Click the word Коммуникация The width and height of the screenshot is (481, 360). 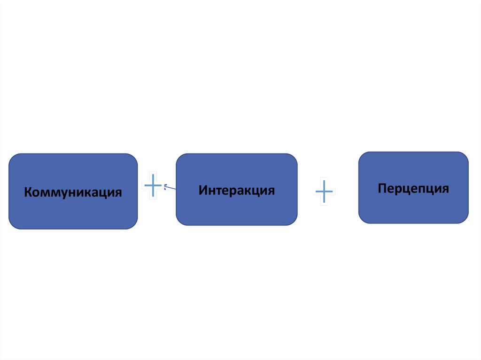coord(73,192)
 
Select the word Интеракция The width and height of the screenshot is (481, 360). coord(236,190)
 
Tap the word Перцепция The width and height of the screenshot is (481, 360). coord(413,188)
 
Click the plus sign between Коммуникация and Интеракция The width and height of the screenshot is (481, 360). coord(153,185)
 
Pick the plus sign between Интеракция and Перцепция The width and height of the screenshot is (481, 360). coord(324,191)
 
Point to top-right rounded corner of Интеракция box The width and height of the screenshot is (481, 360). coord(294,157)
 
